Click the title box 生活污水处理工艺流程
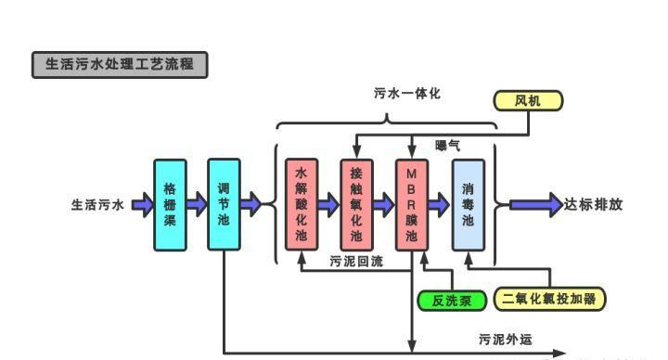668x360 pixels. click(120, 65)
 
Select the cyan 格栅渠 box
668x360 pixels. click(170, 204)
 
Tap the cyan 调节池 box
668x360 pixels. click(224, 204)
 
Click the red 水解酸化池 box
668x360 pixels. click(301, 204)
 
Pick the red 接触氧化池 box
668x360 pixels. click(356, 204)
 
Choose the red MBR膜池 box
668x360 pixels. click(412, 204)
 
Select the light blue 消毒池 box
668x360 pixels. click(468, 204)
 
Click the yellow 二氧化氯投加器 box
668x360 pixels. click(548, 299)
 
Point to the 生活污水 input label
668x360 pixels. click(97, 205)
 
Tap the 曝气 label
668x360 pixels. click(447, 146)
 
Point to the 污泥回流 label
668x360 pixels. click(356, 263)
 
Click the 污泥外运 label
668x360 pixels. click(506, 340)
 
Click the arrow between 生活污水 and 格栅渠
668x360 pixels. click(141, 204)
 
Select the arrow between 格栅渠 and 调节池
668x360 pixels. click(197, 204)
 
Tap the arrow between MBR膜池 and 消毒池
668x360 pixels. click(440, 204)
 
